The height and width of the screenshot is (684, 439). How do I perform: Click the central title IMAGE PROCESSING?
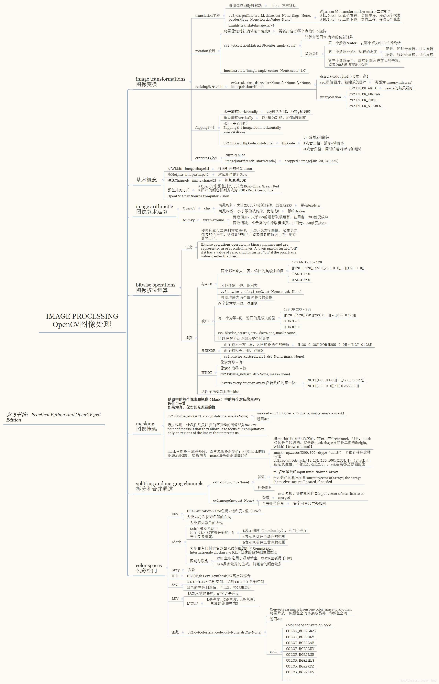pyautogui.click(x=82, y=316)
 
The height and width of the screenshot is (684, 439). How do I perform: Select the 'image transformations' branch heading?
pyautogui.click(x=160, y=79)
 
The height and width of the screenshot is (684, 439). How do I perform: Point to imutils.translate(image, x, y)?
pyautogui.click(x=251, y=25)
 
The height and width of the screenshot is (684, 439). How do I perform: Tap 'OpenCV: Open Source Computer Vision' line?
pyautogui.click(x=198, y=196)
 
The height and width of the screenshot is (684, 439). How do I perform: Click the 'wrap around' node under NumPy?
pyautogui.click(x=214, y=220)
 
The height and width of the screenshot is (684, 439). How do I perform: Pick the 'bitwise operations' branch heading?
pyautogui.click(x=155, y=285)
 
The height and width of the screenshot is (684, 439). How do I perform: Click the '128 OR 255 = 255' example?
pyautogui.click(x=297, y=309)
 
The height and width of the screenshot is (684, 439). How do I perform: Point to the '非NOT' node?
pyautogui.click(x=207, y=373)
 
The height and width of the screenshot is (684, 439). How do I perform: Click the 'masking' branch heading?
pyautogui.click(x=145, y=424)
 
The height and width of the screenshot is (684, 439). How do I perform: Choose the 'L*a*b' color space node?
pyautogui.click(x=176, y=542)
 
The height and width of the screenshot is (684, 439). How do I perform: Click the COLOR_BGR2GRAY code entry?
pyautogui.click(x=301, y=631)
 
